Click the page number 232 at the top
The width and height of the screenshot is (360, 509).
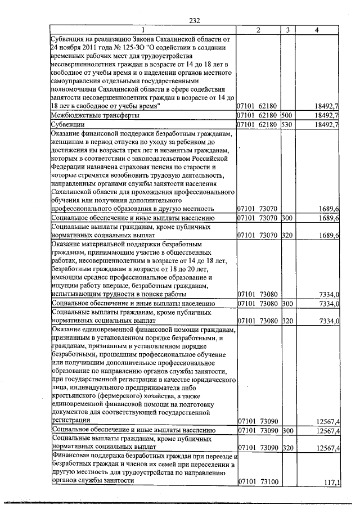(195, 20)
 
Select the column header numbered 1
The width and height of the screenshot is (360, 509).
(142, 30)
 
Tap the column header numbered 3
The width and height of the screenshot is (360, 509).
(287, 30)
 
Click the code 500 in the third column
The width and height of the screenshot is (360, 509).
(287, 115)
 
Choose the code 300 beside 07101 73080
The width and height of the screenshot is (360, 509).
(287, 304)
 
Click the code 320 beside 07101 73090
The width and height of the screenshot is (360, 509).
(287, 448)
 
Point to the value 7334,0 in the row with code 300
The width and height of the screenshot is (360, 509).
(328, 304)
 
